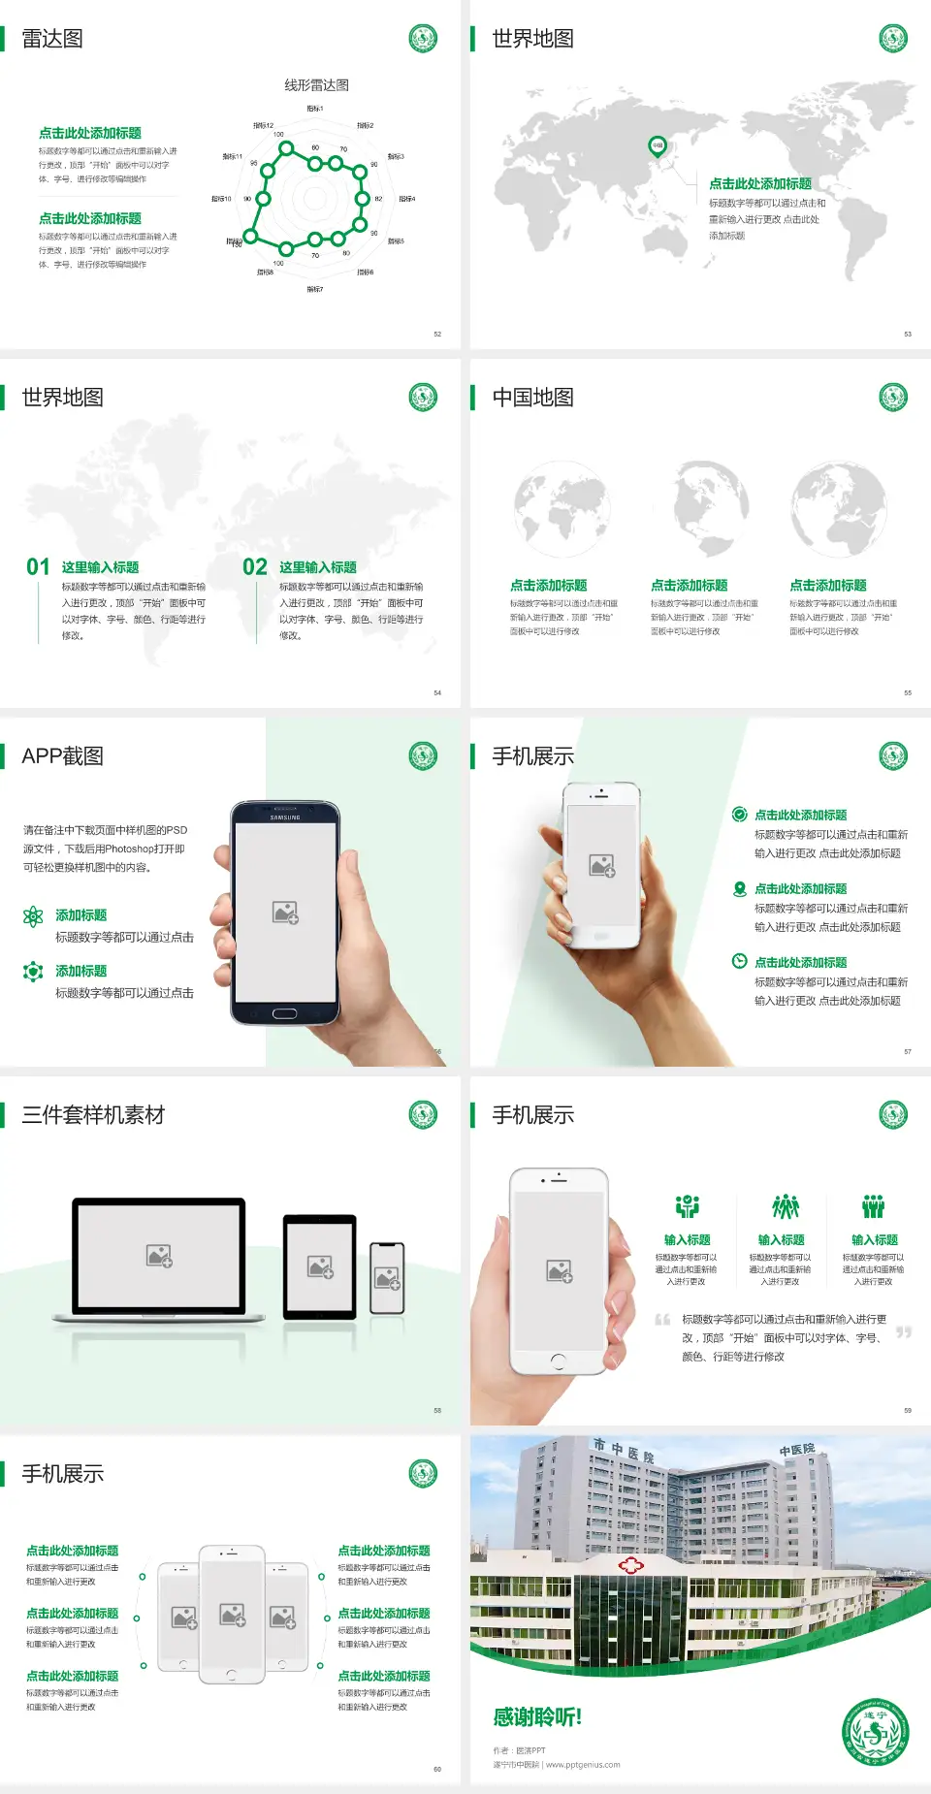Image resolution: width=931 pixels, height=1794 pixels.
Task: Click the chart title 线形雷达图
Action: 316,85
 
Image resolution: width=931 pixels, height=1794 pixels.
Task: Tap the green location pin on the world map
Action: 657,145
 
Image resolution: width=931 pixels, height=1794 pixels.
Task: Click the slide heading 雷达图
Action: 52,39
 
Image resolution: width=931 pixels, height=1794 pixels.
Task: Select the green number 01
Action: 38,567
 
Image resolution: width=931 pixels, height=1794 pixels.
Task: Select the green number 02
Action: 255,567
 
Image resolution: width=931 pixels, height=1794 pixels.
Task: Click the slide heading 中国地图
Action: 532,398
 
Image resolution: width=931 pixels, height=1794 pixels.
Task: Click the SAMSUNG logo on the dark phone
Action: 285,817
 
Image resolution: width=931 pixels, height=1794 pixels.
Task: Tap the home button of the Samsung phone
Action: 284,1013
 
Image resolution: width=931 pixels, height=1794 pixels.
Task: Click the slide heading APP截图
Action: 62,756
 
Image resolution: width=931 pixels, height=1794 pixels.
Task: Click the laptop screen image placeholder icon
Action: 159,1256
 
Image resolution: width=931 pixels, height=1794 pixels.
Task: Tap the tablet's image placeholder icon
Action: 320,1266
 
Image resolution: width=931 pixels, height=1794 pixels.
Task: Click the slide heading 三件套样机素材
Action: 93,1115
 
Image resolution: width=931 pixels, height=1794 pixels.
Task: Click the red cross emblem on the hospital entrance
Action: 631,1565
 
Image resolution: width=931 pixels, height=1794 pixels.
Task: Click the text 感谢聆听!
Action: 537,1717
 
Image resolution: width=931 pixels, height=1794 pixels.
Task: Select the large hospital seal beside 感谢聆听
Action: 875,1733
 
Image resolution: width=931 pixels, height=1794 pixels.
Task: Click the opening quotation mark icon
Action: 662,1320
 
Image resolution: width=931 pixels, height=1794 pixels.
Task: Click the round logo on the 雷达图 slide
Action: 423,39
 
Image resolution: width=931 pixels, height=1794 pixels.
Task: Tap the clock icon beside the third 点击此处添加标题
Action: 739,961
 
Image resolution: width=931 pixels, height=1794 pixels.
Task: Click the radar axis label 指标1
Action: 315,109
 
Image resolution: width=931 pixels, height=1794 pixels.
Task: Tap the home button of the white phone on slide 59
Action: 558,1362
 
